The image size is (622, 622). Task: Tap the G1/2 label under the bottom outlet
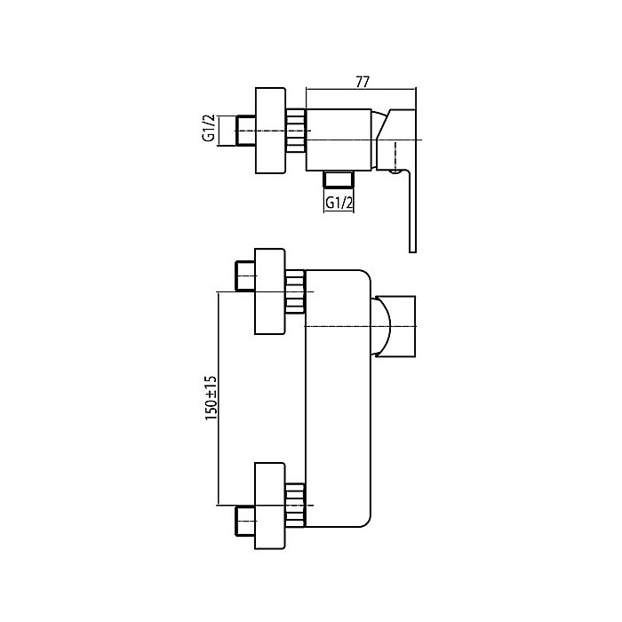pos(339,202)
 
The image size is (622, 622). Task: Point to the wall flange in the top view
pos(270,131)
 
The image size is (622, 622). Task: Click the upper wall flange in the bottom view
pos(270,291)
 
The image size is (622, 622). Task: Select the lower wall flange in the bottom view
pos(270,498)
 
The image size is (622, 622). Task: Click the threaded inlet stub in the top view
pos(247,131)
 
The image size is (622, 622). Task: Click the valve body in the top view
pos(338,138)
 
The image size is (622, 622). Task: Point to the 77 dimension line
pos(362,90)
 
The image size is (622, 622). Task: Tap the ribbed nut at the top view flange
pos(296,132)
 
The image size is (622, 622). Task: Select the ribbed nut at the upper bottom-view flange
pos(296,292)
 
